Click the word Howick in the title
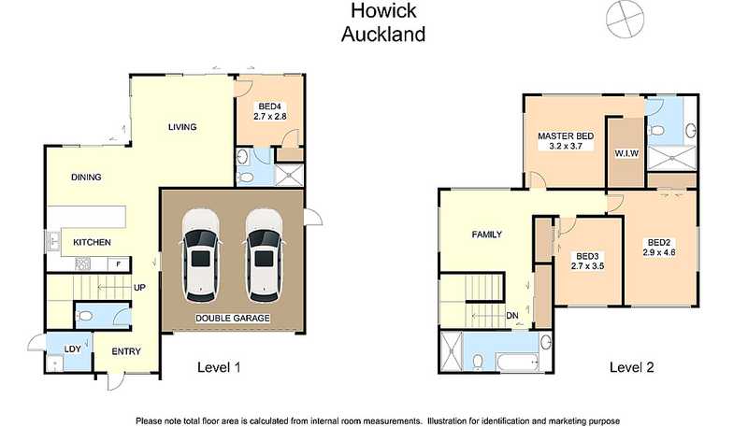pos(383,11)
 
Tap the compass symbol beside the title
pos(625,18)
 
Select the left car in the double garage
pos(200,255)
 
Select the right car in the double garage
pos(264,255)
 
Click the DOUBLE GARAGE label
pos(233,318)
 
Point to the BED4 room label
pos(270,107)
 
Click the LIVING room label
pos(182,127)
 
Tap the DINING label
pos(86,177)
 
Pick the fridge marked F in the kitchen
pos(119,263)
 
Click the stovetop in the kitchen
pos(82,263)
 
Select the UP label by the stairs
pos(139,288)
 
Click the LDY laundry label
pos(73,349)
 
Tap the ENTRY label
pos(126,351)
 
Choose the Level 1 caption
pos(219,367)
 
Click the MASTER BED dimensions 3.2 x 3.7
pos(566,147)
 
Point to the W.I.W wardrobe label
pos(626,153)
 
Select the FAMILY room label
pos(486,235)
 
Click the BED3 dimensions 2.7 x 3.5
pos(587,266)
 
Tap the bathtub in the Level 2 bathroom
pos(518,363)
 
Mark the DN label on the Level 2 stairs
pos(512,316)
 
